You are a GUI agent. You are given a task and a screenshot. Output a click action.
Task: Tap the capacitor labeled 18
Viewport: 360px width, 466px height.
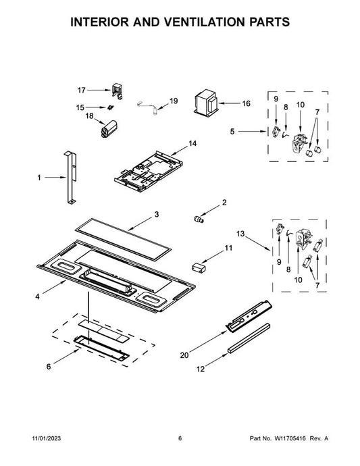click(x=108, y=129)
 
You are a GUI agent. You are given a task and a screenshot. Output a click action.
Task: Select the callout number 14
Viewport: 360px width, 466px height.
click(x=192, y=144)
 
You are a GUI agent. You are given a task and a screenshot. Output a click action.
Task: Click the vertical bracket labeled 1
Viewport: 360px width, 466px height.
click(x=71, y=178)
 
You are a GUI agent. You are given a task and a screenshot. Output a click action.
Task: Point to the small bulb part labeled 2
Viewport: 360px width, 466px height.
click(x=198, y=219)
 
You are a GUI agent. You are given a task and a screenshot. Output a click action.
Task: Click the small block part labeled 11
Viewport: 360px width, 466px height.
click(x=199, y=267)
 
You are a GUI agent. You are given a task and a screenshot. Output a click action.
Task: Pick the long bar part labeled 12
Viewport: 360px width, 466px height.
click(x=249, y=338)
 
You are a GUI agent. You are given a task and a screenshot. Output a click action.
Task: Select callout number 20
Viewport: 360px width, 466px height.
click(x=184, y=355)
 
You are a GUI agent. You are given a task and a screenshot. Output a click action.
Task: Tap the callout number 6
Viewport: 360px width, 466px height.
click(x=49, y=367)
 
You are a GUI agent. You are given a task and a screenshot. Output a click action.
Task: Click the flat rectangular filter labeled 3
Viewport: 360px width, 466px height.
click(x=124, y=240)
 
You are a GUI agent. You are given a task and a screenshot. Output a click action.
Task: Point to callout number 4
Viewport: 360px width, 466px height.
click(x=37, y=296)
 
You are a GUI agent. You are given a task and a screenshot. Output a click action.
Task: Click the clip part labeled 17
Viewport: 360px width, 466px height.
click(x=118, y=90)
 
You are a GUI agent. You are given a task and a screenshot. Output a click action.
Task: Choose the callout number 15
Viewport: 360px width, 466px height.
click(x=80, y=107)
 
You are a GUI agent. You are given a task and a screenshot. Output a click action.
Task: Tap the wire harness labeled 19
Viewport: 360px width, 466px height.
click(x=148, y=107)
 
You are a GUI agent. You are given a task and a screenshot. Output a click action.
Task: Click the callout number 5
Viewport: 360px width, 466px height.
click(x=232, y=131)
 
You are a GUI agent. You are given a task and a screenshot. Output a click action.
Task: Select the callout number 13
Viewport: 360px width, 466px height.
click(x=240, y=234)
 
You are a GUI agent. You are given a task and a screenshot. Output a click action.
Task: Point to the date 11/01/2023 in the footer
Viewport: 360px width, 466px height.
click(x=47, y=438)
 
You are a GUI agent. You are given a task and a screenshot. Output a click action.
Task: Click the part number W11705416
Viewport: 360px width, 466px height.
click(x=290, y=438)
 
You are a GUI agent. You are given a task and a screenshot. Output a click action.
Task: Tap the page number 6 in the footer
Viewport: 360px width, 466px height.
click(x=180, y=438)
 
